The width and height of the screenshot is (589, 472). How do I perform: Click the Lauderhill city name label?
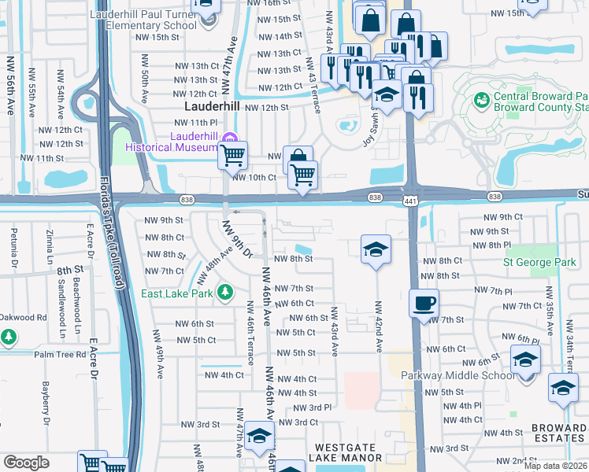tap(212, 106)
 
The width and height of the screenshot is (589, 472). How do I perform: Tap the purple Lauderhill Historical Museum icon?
tap(231, 139)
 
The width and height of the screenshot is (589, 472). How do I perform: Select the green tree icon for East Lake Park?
tap(226, 293)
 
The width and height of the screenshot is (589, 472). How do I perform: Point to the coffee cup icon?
tap(424, 303)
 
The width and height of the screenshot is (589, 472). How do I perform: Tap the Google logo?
tap(26, 463)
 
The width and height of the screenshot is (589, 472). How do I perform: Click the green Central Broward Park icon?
tap(480, 100)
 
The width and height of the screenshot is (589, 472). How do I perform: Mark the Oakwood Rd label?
tap(24, 318)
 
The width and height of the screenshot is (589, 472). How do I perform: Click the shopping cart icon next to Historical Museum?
tap(232, 155)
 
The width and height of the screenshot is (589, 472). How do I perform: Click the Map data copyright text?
tap(555, 466)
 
